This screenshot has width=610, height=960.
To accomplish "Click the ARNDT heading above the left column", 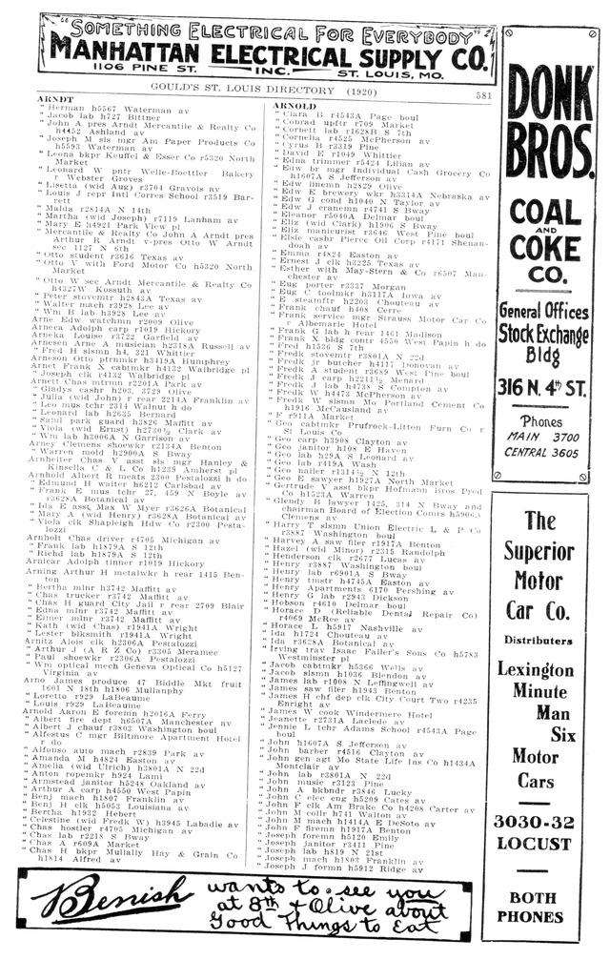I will tap(53, 99).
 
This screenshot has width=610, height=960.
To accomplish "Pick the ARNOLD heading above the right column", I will tap(295, 105).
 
